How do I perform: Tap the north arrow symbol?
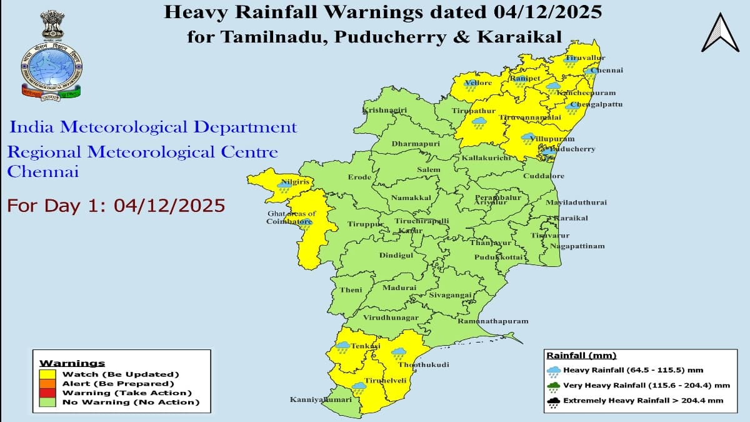click(720, 33)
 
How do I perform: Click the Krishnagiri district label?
click(384, 111)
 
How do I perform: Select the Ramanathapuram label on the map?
click(492, 321)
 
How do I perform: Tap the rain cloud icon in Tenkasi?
click(342, 346)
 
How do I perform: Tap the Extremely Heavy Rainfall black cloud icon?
click(553, 402)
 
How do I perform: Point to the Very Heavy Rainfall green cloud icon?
click(553, 386)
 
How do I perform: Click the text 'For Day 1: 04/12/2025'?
click(116, 206)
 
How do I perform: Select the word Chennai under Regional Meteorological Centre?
click(42, 172)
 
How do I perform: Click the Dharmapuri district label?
click(416, 144)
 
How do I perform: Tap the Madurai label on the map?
click(399, 288)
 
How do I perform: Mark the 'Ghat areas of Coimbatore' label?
click(291, 218)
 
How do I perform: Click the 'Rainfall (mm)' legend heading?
click(581, 355)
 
